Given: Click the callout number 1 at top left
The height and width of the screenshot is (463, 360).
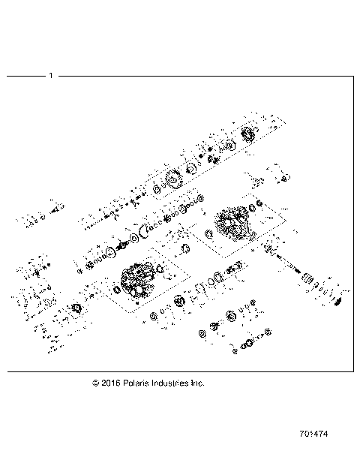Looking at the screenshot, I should (x=50, y=76).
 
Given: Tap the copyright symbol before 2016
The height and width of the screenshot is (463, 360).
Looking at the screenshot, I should (x=96, y=383).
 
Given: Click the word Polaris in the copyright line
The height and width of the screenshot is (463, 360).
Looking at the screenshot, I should (x=139, y=383).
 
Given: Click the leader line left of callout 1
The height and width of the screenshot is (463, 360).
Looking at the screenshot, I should (x=25, y=76).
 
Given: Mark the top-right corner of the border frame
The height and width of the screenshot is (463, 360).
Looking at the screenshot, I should (x=353, y=76).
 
